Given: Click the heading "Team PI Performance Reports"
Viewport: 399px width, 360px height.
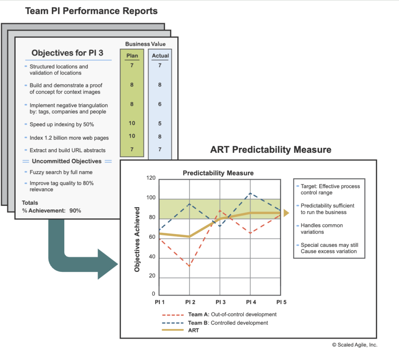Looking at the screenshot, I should [91, 11].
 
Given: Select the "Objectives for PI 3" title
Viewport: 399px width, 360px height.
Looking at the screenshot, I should [67, 53].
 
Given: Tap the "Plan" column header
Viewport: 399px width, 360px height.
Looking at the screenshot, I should [132, 56].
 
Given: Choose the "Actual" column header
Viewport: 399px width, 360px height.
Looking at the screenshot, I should [160, 56].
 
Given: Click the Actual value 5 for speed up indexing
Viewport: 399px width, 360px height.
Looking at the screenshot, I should [160, 124].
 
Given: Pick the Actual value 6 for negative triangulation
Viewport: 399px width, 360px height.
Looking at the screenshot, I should [160, 105].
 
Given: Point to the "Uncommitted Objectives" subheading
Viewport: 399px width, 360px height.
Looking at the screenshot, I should [67, 161].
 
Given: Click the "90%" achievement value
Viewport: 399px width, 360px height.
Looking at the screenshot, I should [75, 211].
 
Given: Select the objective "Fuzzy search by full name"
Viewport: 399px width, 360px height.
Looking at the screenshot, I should [61, 172].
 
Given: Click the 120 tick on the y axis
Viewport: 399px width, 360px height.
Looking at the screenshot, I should [150, 179].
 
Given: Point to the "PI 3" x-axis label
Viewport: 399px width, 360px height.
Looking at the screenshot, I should [220, 302].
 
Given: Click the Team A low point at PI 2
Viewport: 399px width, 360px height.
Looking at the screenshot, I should [190, 266].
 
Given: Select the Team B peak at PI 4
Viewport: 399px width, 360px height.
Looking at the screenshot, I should [250, 193].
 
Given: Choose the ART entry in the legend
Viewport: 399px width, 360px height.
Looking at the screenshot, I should [194, 330].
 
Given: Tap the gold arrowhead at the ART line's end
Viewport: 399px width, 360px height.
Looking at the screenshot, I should [286, 213].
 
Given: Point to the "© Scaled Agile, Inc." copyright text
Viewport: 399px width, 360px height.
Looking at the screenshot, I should [355, 345].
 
